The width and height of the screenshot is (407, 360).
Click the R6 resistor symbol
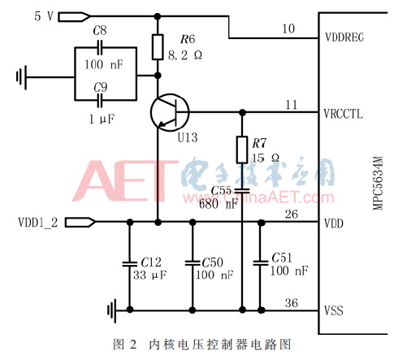158,48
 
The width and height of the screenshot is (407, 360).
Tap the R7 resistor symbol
242,150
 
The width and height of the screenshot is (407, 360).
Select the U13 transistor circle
169,112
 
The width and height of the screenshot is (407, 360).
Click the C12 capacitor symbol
128,262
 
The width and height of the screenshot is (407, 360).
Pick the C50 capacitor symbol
192,262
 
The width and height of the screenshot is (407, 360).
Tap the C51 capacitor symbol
260,262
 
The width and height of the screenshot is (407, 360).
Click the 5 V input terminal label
22,15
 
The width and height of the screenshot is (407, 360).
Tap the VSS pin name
334,310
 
